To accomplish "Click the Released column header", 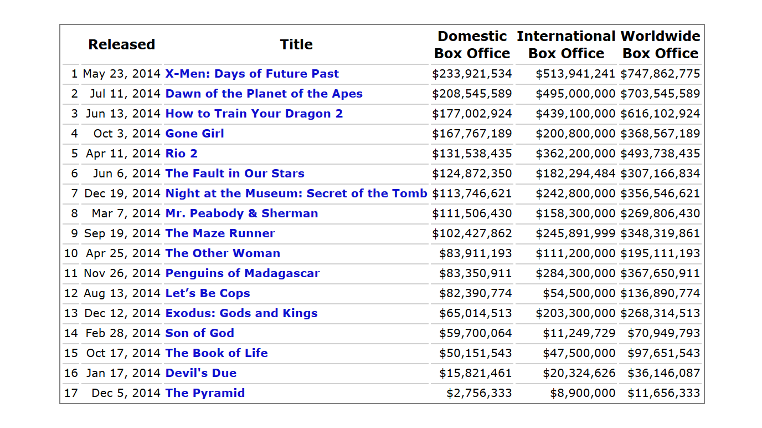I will [121, 45].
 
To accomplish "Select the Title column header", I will [296, 45].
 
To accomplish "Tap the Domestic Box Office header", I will [472, 45].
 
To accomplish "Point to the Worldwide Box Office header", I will [660, 45].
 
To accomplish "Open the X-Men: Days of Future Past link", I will [252, 74].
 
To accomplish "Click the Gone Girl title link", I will [194, 134].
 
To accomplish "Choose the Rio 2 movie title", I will [181, 154].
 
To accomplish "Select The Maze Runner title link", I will [220, 233].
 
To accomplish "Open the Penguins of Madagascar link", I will [242, 273].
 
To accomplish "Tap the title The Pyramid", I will [205, 393].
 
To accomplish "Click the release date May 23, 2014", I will [122, 74].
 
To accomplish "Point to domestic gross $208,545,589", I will [472, 94].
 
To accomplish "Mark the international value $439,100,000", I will [575, 114].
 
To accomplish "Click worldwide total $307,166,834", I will [660, 174].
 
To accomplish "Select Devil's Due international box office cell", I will [579, 373].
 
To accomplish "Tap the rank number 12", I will [71, 293].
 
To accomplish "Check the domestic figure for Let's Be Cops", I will [475, 293].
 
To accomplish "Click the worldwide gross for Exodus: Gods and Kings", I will [660, 313].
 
